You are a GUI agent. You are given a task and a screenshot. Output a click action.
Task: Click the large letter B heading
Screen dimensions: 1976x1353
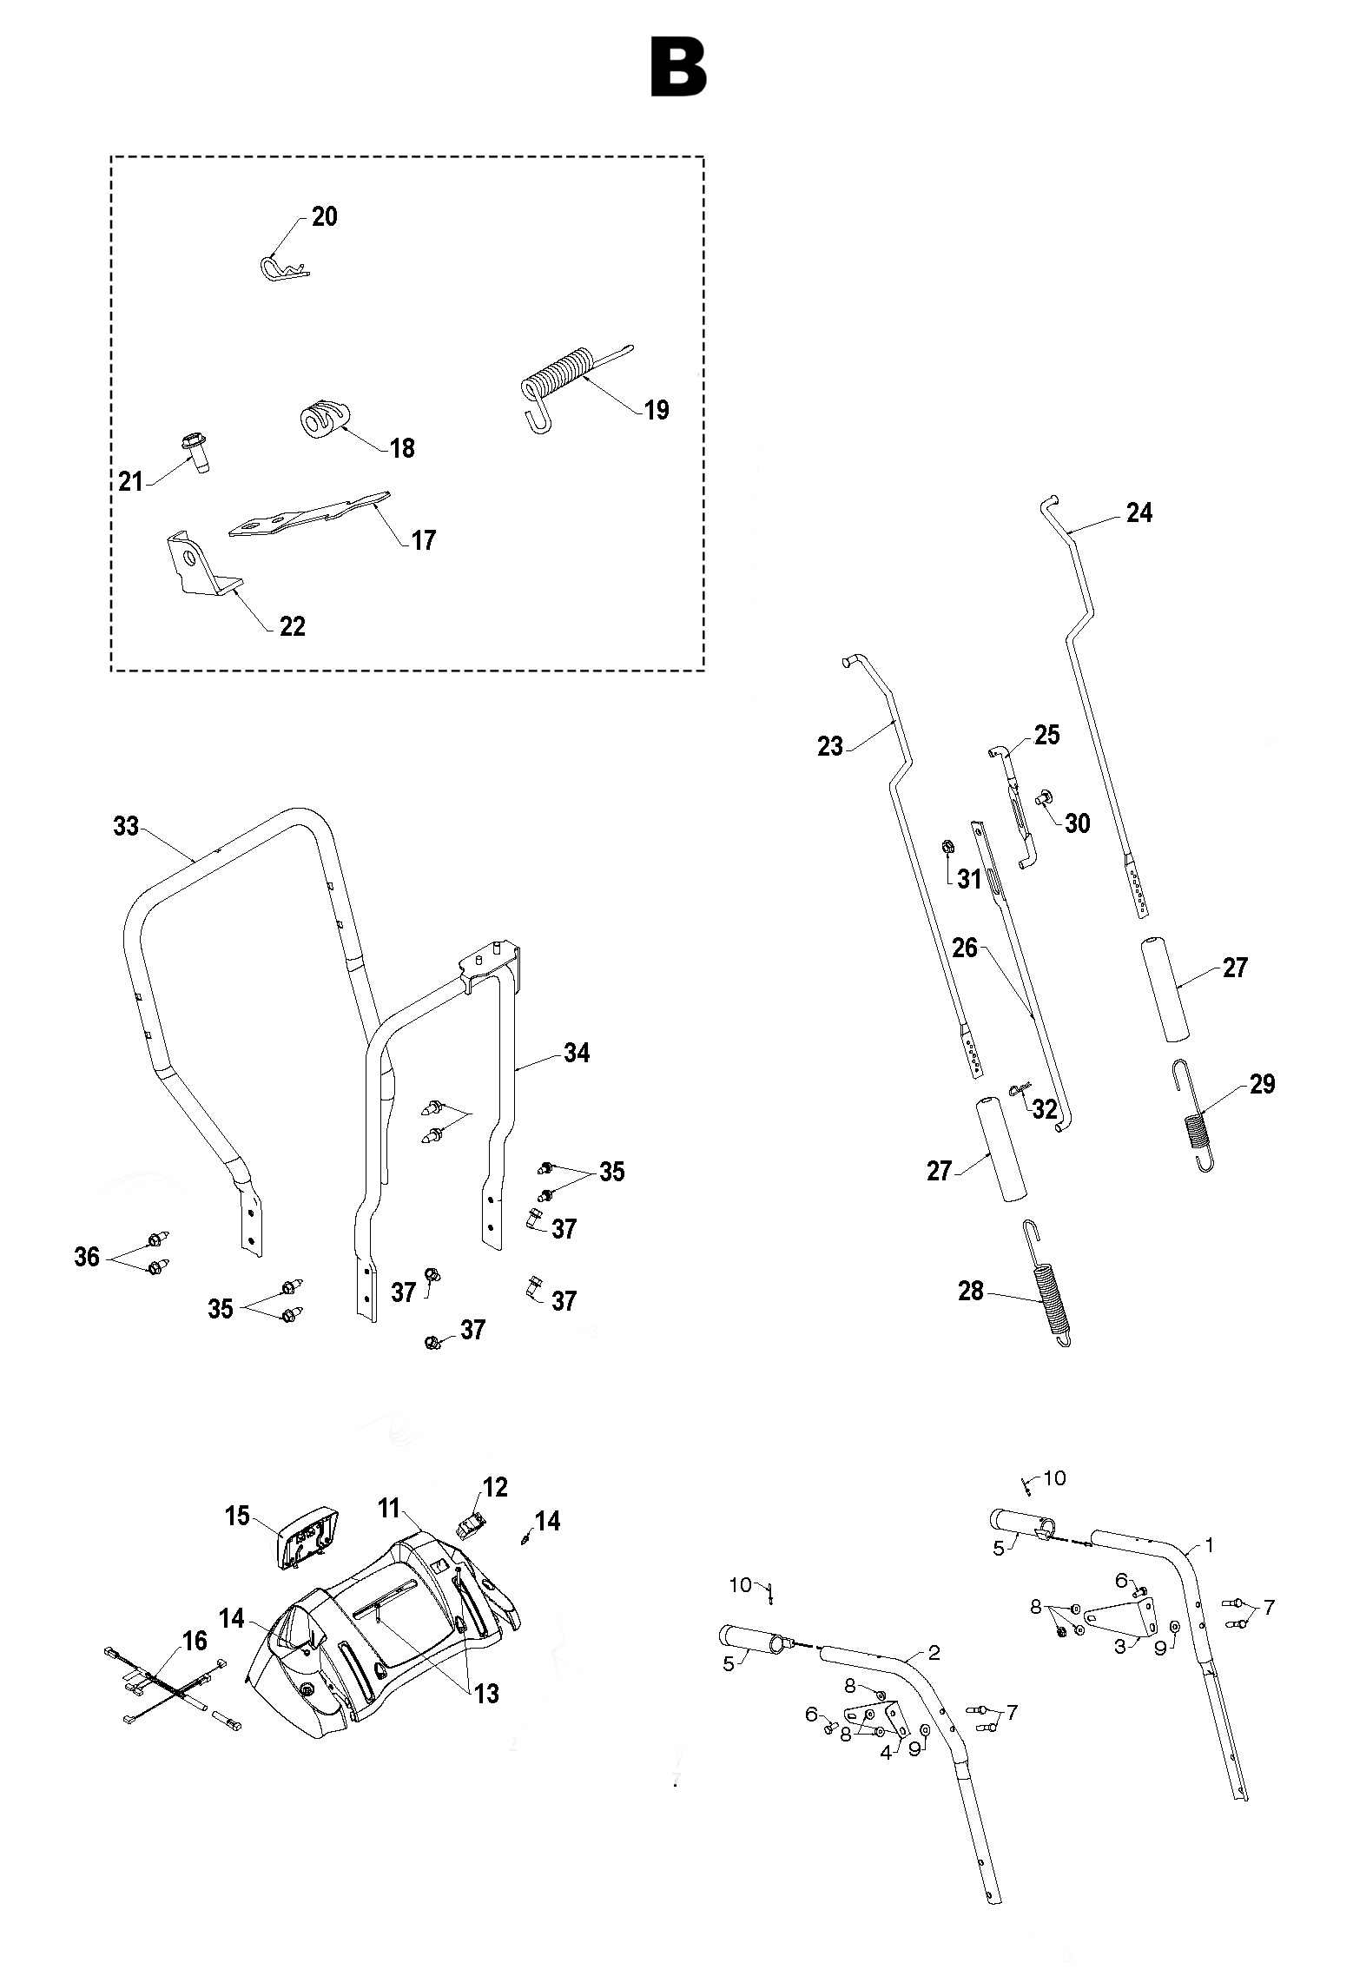[x=678, y=67]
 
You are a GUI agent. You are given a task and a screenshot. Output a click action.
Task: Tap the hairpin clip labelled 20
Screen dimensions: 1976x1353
[x=282, y=268]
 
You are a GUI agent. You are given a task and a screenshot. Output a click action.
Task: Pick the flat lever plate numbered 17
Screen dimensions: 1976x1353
[x=308, y=515]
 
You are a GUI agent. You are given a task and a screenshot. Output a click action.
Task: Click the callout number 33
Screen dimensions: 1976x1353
[x=126, y=826]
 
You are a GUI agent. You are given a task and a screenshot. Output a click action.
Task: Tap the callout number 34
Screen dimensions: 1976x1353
[x=577, y=1053]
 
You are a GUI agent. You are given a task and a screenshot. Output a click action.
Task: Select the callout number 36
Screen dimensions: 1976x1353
[x=87, y=1256]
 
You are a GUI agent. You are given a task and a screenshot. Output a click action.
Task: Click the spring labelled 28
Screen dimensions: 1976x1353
[x=1049, y=1296]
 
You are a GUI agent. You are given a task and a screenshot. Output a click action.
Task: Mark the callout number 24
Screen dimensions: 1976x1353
[x=1138, y=513]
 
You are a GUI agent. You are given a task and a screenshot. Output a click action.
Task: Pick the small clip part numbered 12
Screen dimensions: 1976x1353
[x=472, y=1521]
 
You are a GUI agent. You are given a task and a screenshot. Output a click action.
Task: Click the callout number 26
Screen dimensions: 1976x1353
[x=965, y=948]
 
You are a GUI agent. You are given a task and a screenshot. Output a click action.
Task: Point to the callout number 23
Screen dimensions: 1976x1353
[x=830, y=746]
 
